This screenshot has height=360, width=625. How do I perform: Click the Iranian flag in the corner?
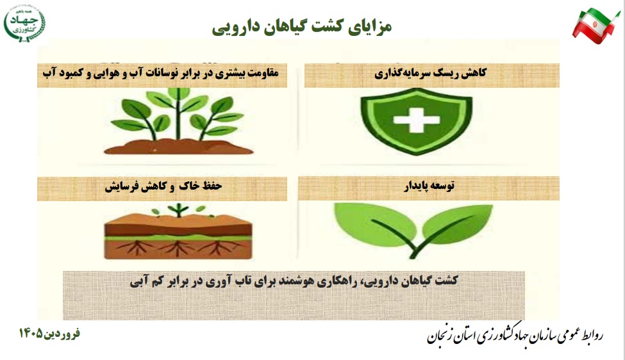pyautogui.click(x=596, y=26)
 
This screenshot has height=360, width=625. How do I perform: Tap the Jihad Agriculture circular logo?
pyautogui.click(x=25, y=22)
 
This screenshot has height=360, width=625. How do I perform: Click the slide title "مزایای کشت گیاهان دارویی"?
pyautogui.click(x=302, y=27)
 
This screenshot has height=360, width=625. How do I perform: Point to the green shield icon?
pyautogui.click(x=416, y=120)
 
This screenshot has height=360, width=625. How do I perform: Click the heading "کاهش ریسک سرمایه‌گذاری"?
pyautogui.click(x=431, y=73)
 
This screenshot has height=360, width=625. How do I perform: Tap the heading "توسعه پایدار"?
pyautogui.click(x=429, y=186)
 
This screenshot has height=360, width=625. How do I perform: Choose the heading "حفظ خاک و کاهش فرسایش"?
pyautogui.click(x=163, y=186)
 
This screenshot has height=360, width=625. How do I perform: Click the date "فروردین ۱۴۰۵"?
pyautogui.click(x=49, y=333)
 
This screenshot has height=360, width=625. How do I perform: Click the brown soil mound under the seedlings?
pyautogui.click(x=178, y=147)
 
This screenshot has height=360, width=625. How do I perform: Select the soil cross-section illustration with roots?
pyautogui.click(x=178, y=232)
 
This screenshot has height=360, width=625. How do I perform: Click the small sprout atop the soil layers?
pyautogui.click(x=178, y=209)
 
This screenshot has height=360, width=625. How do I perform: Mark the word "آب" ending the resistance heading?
pyautogui.click(x=49, y=73)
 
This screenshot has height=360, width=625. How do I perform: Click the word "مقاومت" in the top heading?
pyautogui.click(x=263, y=73)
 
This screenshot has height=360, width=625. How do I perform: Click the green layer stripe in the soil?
pyautogui.click(x=178, y=238)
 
